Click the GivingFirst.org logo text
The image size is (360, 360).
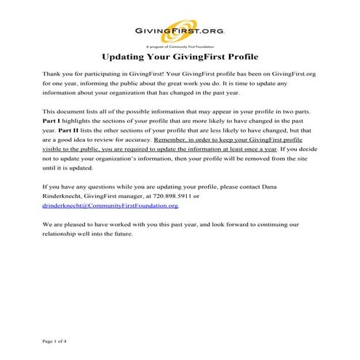tap(180, 31)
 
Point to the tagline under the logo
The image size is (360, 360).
tap(180, 42)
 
